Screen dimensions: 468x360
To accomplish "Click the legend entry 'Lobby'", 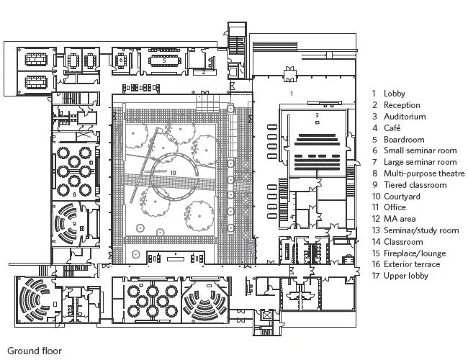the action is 395,94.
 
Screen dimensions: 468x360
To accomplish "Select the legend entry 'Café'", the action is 392,128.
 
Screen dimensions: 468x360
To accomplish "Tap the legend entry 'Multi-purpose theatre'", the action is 424,174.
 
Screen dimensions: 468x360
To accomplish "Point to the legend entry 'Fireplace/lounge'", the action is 415,253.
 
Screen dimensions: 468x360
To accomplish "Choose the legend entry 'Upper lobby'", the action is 405,276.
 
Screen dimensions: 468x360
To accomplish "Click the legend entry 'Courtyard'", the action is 402,197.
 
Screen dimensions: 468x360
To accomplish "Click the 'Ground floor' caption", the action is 35,351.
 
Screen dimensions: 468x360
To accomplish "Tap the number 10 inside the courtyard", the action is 173,173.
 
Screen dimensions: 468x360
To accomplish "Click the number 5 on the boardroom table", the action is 164,60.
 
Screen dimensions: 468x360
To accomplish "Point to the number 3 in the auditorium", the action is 317,115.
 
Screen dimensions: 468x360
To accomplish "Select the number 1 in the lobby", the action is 292,94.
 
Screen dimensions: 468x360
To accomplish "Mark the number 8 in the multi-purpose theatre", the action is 74,194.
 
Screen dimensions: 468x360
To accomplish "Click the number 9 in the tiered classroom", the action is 74,224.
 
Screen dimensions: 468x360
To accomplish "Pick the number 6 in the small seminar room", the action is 121,60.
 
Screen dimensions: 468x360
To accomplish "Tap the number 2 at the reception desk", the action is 204,72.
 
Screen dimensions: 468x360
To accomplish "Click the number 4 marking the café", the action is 292,217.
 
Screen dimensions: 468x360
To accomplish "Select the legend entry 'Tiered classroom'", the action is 415,185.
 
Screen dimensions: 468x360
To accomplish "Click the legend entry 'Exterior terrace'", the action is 412,264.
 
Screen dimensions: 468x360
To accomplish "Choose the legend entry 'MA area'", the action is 400,219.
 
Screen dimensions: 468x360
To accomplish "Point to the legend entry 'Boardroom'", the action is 404,140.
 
